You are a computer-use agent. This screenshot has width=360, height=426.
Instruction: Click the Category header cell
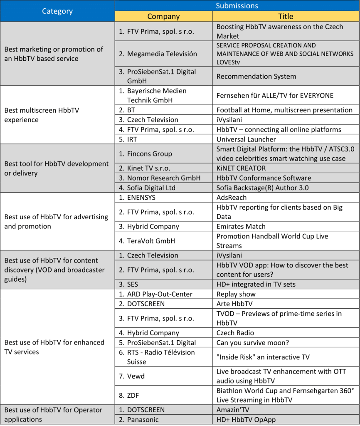click(57, 11)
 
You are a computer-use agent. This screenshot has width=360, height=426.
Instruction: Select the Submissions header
click(237, 6)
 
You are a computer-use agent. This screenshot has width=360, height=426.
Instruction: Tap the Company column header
click(163, 17)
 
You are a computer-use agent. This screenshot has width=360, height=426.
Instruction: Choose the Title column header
click(286, 17)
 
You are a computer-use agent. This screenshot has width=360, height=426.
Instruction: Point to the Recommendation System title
click(256, 77)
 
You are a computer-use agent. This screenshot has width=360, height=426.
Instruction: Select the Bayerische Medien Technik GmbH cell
click(157, 95)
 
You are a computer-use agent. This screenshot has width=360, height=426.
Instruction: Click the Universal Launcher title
click(246, 139)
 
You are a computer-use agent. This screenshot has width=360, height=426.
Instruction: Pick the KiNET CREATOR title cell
click(241, 168)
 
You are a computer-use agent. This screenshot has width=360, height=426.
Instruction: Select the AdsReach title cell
click(232, 198)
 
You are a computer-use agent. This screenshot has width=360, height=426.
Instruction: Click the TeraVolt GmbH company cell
click(151, 241)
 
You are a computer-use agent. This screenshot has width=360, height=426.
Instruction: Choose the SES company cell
click(133, 285)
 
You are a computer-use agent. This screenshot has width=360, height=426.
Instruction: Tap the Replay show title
click(236, 294)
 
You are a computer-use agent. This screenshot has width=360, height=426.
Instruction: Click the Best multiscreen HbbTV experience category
click(42, 115)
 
